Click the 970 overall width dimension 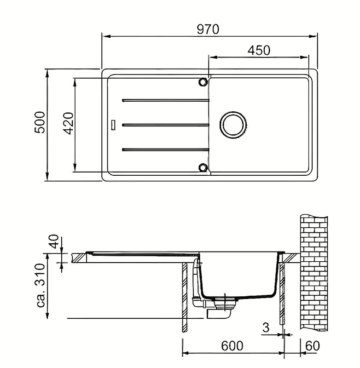pos(208,29)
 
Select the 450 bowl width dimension pos(259,50)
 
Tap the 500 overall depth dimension pos(40,122)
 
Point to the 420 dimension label pos(69,123)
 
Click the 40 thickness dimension pos(54,241)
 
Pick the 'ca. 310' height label pos(40,285)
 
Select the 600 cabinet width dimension pos(232,346)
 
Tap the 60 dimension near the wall pos(313,346)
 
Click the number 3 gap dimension pos(266,328)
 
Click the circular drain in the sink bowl pos(233,125)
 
